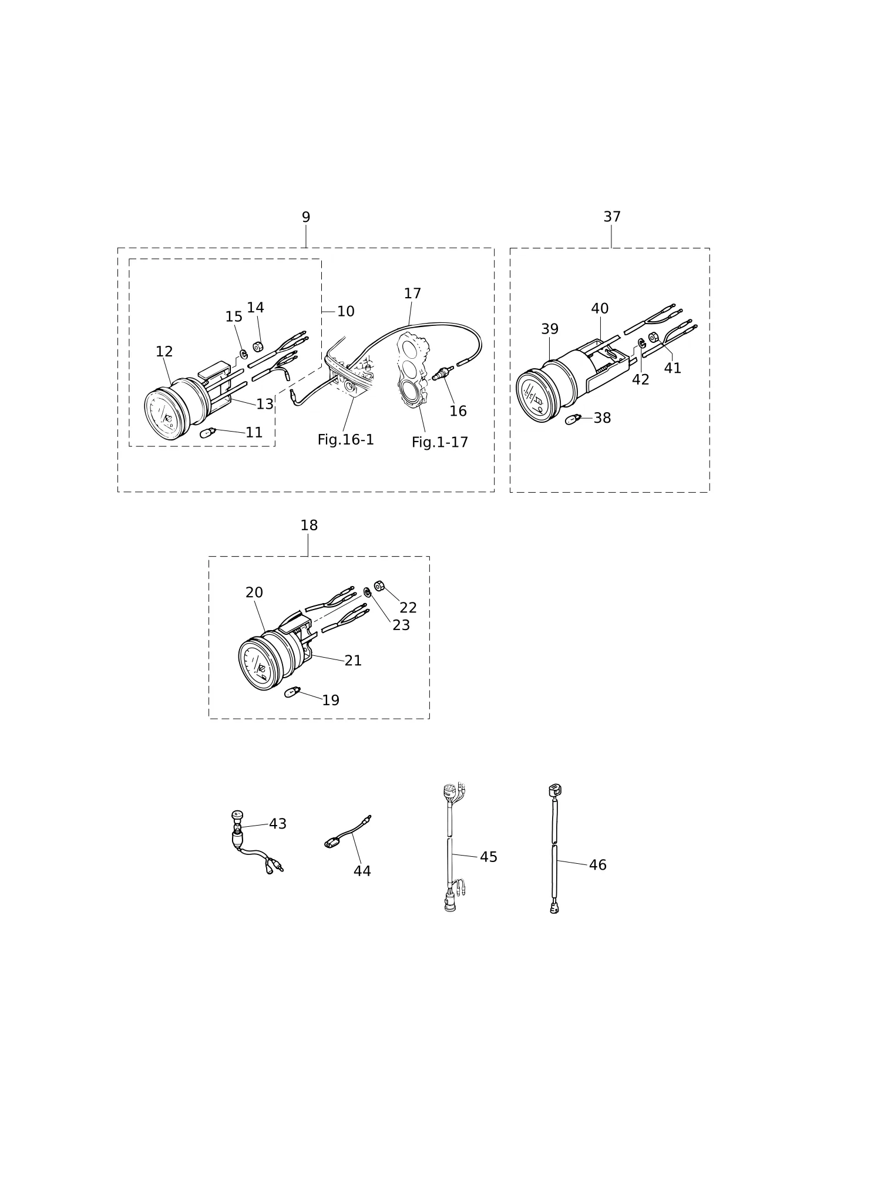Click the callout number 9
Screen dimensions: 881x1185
[x=306, y=217]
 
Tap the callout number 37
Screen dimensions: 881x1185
[x=612, y=217]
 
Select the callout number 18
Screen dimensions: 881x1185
[x=309, y=526]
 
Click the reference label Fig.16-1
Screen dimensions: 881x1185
[x=346, y=440]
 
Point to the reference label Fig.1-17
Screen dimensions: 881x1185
[x=440, y=442]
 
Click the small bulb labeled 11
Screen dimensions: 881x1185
[x=209, y=433]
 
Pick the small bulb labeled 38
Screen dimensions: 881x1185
[x=573, y=419]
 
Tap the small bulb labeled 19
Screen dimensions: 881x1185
[x=292, y=692]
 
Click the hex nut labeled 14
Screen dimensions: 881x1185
[x=258, y=346]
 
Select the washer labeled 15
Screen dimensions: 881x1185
[x=243, y=354]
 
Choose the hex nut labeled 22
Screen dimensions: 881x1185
[x=379, y=586]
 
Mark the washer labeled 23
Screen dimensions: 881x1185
[x=367, y=592]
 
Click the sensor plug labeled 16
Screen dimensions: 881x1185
[x=443, y=372]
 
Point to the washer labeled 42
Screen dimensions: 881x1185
[x=641, y=342]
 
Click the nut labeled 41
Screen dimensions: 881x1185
[x=653, y=338]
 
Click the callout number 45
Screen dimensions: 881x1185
[x=489, y=857]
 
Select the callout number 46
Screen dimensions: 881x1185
[x=598, y=865]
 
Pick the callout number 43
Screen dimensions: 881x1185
[x=278, y=824]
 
